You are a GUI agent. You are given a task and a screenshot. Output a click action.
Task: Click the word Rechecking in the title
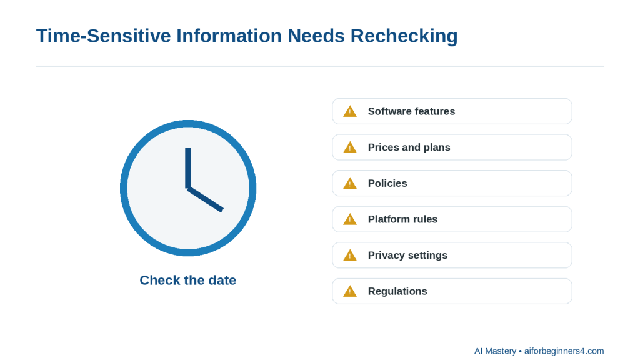pyautogui.click(x=404, y=36)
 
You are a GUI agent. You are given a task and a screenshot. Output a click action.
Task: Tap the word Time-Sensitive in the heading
pyautogui.click(x=104, y=36)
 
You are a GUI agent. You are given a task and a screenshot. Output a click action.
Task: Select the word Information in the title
pyautogui.click(x=229, y=36)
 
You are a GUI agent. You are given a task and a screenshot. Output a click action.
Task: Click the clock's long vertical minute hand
pyautogui.click(x=187, y=168)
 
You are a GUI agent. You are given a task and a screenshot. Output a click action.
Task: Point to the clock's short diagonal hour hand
pyautogui.click(x=205, y=199)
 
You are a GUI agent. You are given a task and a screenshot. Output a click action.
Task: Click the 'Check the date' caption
pyautogui.click(x=187, y=281)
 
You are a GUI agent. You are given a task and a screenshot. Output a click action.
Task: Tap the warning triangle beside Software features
pyautogui.click(x=350, y=111)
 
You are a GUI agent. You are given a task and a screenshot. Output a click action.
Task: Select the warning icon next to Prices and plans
pyautogui.click(x=350, y=147)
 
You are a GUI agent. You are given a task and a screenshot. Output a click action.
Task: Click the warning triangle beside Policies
pyautogui.click(x=350, y=183)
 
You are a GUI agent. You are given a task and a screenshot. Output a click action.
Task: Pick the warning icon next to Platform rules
pyautogui.click(x=350, y=219)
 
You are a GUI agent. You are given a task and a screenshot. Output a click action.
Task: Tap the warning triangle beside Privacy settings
pyautogui.click(x=350, y=256)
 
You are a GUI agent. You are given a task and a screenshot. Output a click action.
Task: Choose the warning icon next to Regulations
pyautogui.click(x=350, y=291)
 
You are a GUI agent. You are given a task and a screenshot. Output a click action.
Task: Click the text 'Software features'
pyautogui.click(x=411, y=111)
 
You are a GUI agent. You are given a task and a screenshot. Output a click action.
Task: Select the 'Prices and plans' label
pyautogui.click(x=409, y=147)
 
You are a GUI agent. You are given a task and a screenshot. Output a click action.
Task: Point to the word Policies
pyautogui.click(x=387, y=183)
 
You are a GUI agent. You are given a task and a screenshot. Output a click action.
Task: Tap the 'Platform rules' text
pyautogui.click(x=402, y=219)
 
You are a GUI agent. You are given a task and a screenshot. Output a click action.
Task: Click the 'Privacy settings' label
pyautogui.click(x=407, y=255)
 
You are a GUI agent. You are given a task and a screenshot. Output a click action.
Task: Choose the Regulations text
pyautogui.click(x=397, y=291)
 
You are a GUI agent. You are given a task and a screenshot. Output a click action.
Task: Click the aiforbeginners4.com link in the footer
pyautogui.click(x=564, y=351)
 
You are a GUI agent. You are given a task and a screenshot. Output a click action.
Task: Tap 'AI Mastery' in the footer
pyautogui.click(x=495, y=351)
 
